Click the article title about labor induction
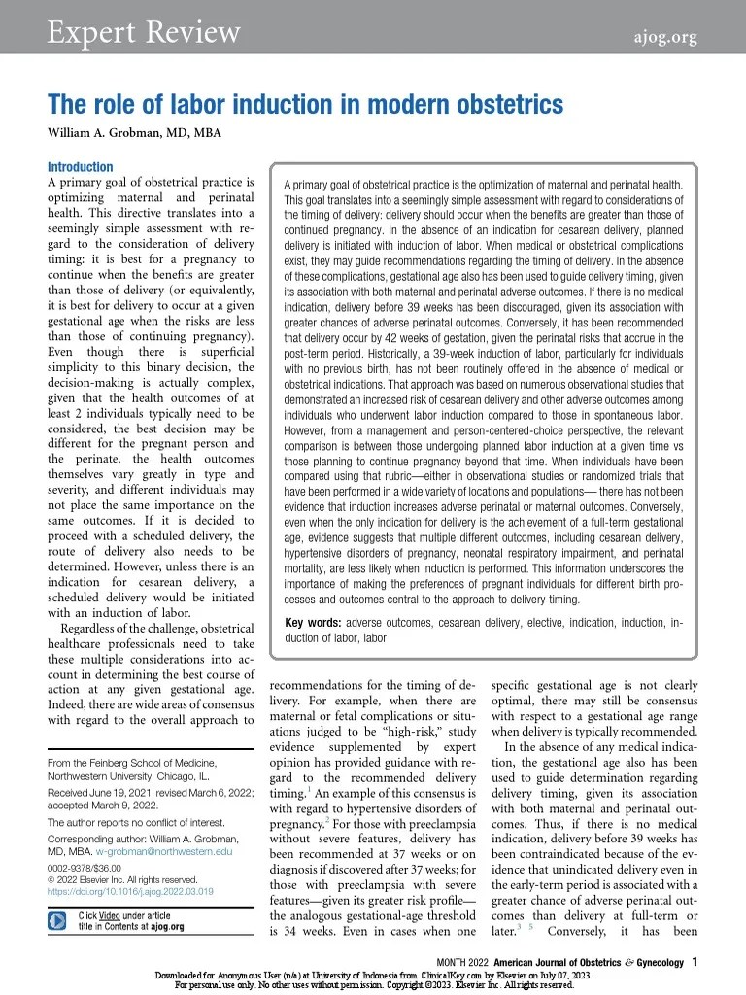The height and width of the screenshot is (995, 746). (305, 104)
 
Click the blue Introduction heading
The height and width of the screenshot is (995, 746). (80, 167)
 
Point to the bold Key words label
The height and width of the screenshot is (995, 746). (313, 622)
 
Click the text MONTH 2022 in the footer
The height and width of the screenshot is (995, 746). (470, 962)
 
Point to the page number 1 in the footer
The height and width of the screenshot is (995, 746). (695, 962)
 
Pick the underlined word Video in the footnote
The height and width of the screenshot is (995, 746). (111, 915)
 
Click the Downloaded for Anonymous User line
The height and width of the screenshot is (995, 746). (373, 975)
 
